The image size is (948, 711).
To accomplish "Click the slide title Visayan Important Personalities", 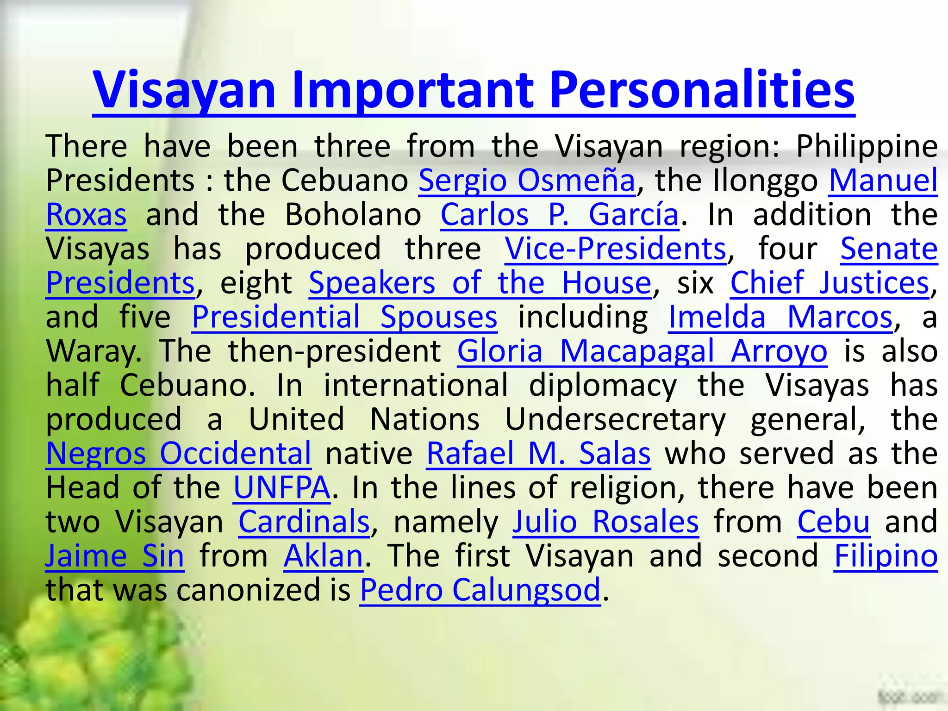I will pyautogui.click(x=474, y=89).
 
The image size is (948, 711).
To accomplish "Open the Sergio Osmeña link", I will pyautogui.click(x=527, y=180).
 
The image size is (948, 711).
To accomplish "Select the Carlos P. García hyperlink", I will pyautogui.click(x=560, y=215).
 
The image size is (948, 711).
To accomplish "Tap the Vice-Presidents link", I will pyautogui.click(x=615, y=249).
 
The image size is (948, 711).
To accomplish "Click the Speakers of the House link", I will pyautogui.click(x=480, y=283).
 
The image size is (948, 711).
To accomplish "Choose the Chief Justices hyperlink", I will pyautogui.click(x=829, y=283).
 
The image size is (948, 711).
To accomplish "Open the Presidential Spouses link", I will pyautogui.click(x=344, y=317).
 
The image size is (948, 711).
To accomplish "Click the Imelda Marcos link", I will pyautogui.click(x=780, y=317).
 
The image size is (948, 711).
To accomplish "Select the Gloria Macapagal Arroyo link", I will pyautogui.click(x=642, y=351).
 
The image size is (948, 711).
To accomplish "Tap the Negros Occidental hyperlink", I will pyautogui.click(x=179, y=453).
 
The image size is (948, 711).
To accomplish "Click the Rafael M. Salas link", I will pyautogui.click(x=538, y=453).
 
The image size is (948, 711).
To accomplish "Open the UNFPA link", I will pyautogui.click(x=282, y=487).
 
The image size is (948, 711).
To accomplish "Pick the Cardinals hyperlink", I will pyautogui.click(x=304, y=522).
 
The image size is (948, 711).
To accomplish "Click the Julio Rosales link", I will pyautogui.click(x=605, y=522).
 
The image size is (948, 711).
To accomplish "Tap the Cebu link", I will pyautogui.click(x=833, y=522).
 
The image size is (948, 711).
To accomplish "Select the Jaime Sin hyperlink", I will pyautogui.click(x=115, y=555).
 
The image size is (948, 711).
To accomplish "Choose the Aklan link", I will pyautogui.click(x=323, y=555).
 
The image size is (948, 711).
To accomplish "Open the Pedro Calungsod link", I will pyautogui.click(x=480, y=590).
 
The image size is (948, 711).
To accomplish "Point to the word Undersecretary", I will pyautogui.click(x=615, y=419).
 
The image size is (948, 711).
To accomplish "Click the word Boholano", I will pyautogui.click(x=353, y=215).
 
